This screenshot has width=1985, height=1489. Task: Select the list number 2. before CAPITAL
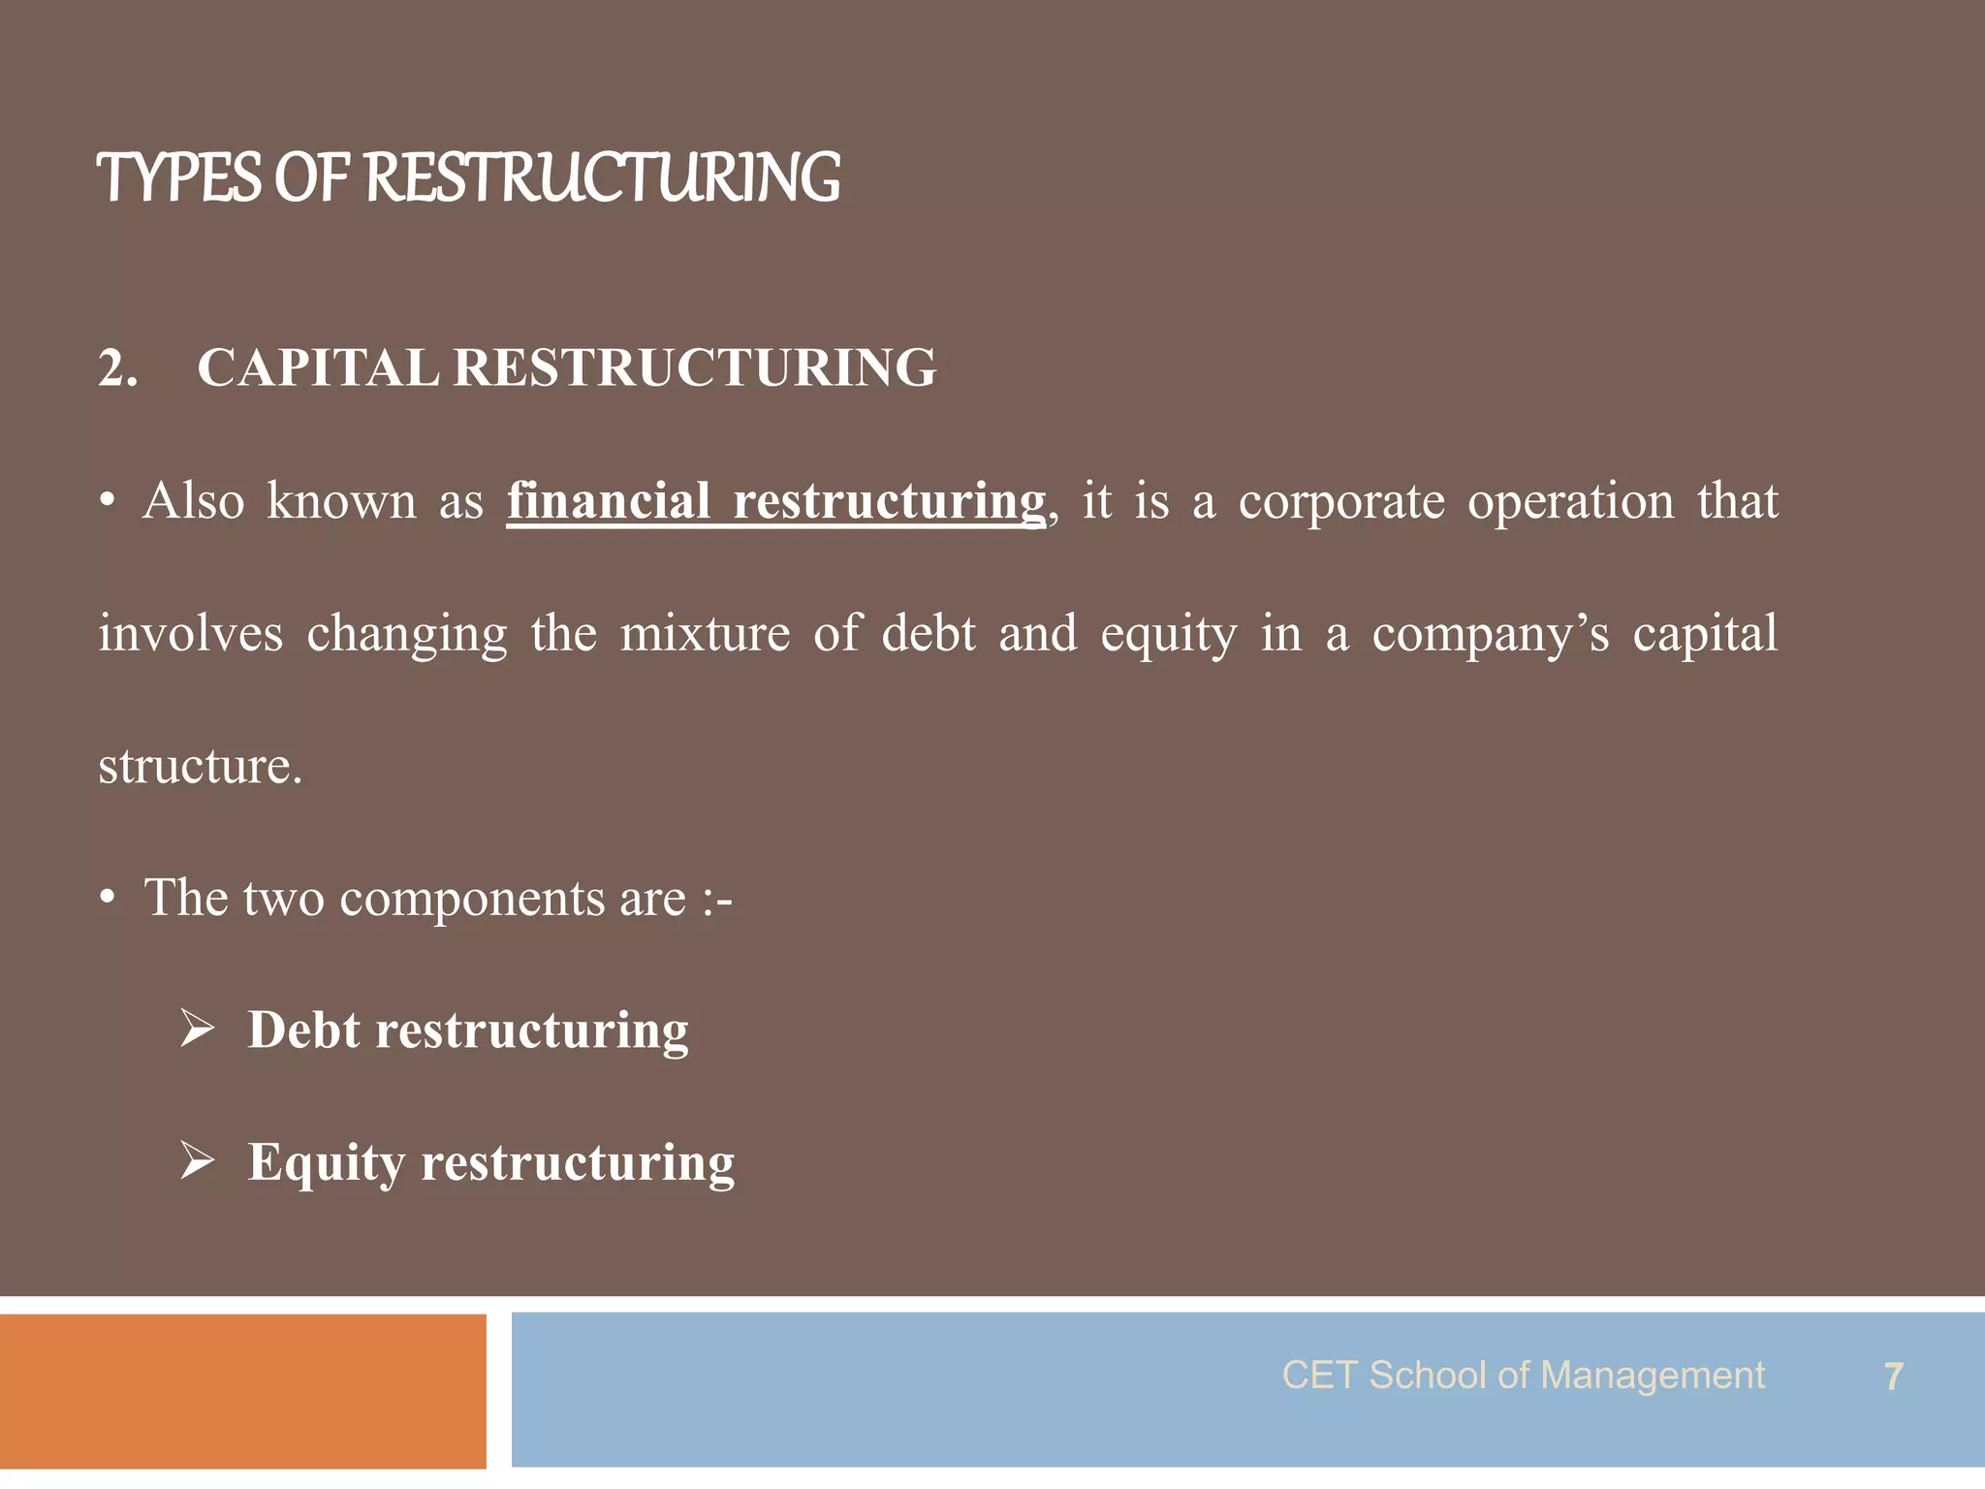(117, 369)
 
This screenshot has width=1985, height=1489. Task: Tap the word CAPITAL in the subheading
(318, 368)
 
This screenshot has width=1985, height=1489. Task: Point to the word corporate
(1341, 502)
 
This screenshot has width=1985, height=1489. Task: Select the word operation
(1570, 502)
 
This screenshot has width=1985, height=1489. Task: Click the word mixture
(705, 634)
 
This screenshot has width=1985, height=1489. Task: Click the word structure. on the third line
(201, 767)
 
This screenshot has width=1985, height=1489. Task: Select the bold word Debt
(303, 1030)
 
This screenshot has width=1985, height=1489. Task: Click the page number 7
(1893, 1377)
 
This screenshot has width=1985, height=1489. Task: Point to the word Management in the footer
(1652, 1376)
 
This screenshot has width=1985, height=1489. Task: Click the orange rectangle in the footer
(242, 1390)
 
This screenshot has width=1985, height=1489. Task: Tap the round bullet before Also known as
(109, 502)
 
